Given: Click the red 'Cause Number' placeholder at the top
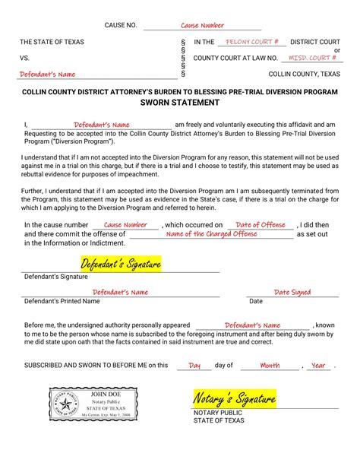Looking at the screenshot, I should [202, 26].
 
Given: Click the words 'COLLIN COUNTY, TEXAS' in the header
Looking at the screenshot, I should [305, 74].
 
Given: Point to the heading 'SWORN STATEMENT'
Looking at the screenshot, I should [180, 102].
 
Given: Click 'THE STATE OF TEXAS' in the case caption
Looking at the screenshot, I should [52, 43].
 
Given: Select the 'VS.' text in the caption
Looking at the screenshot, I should [25, 58].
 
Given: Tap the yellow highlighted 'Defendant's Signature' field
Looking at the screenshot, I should [121, 265].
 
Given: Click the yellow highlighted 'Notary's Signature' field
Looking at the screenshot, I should [234, 399].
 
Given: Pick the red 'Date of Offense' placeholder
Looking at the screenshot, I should [261, 225].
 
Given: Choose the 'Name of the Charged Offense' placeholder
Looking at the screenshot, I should [211, 234].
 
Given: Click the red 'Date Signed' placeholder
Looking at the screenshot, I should [292, 292].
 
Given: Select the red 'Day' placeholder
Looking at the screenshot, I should [194, 366].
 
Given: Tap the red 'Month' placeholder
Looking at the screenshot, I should [269, 366].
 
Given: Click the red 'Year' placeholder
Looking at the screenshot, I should [318, 366].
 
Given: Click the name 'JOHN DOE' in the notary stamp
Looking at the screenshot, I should [106, 395].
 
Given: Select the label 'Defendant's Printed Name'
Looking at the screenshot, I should [62, 302].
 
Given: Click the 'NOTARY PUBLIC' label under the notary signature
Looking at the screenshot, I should [218, 413].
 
